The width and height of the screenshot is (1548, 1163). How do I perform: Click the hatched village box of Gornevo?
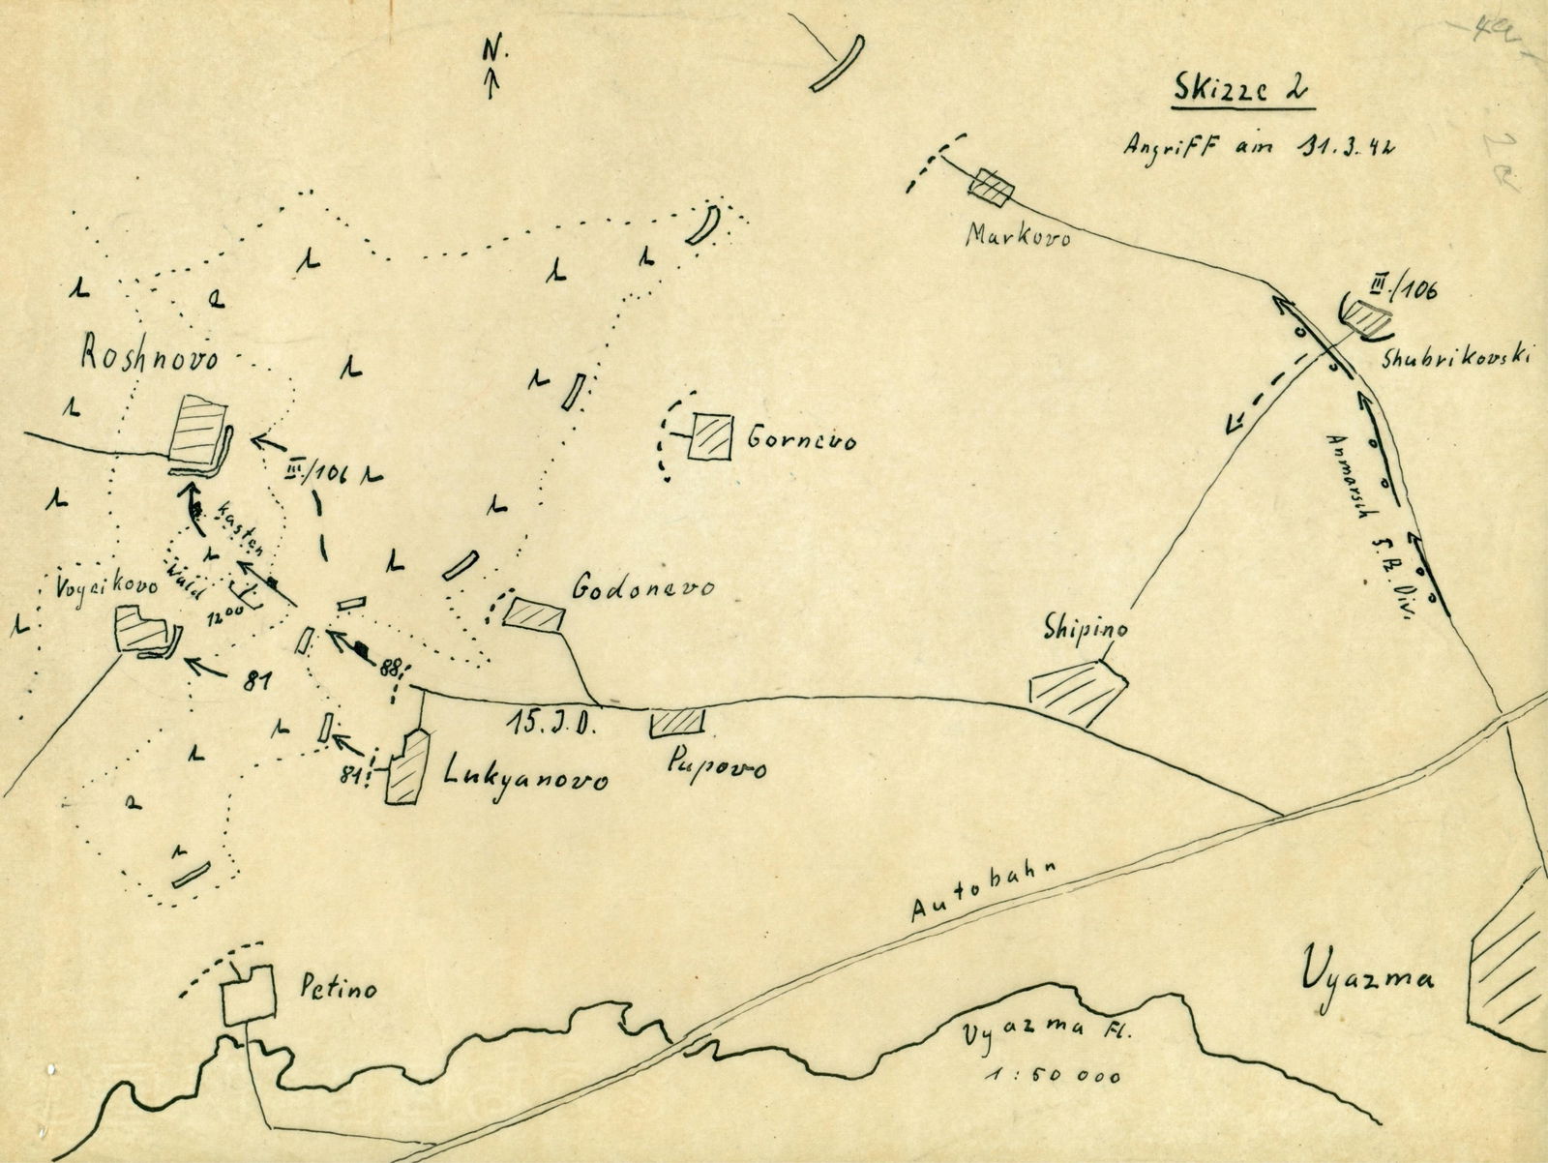pos(711,438)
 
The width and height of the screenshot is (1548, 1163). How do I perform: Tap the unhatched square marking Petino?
pos(248,997)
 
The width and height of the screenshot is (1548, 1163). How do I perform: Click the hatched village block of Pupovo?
pos(677,722)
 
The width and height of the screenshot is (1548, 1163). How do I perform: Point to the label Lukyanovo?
pos(526,776)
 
